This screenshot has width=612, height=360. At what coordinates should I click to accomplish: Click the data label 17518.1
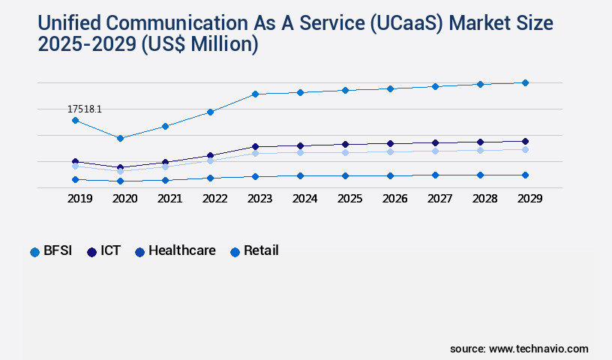coord(84,109)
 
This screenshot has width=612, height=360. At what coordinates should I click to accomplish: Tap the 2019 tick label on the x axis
coord(79,199)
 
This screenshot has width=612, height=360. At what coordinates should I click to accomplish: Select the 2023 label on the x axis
coord(259,199)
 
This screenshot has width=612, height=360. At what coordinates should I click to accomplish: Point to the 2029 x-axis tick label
coord(529,199)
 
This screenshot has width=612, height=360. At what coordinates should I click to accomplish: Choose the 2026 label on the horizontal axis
coord(394,199)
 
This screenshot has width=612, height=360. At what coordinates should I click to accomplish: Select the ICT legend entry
coord(104,251)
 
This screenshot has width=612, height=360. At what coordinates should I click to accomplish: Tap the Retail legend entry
coord(254,251)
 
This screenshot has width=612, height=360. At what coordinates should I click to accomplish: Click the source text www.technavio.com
coord(538,349)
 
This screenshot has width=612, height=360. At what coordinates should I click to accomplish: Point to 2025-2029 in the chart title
coord(85,45)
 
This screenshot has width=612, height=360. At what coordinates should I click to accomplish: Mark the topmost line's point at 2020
coord(120,138)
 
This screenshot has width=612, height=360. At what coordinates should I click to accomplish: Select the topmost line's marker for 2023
coord(255,94)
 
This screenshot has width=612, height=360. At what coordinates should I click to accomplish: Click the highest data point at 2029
coord(525,82)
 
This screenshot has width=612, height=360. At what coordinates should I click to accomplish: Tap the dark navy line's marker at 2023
coord(255,146)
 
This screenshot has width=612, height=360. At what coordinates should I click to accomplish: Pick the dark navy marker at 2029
coord(525,141)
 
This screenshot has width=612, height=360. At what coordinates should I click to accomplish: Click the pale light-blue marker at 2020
coord(120,171)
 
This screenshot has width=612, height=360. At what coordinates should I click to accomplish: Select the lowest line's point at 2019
coord(75,179)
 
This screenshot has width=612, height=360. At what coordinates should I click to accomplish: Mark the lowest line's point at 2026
coord(390,175)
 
